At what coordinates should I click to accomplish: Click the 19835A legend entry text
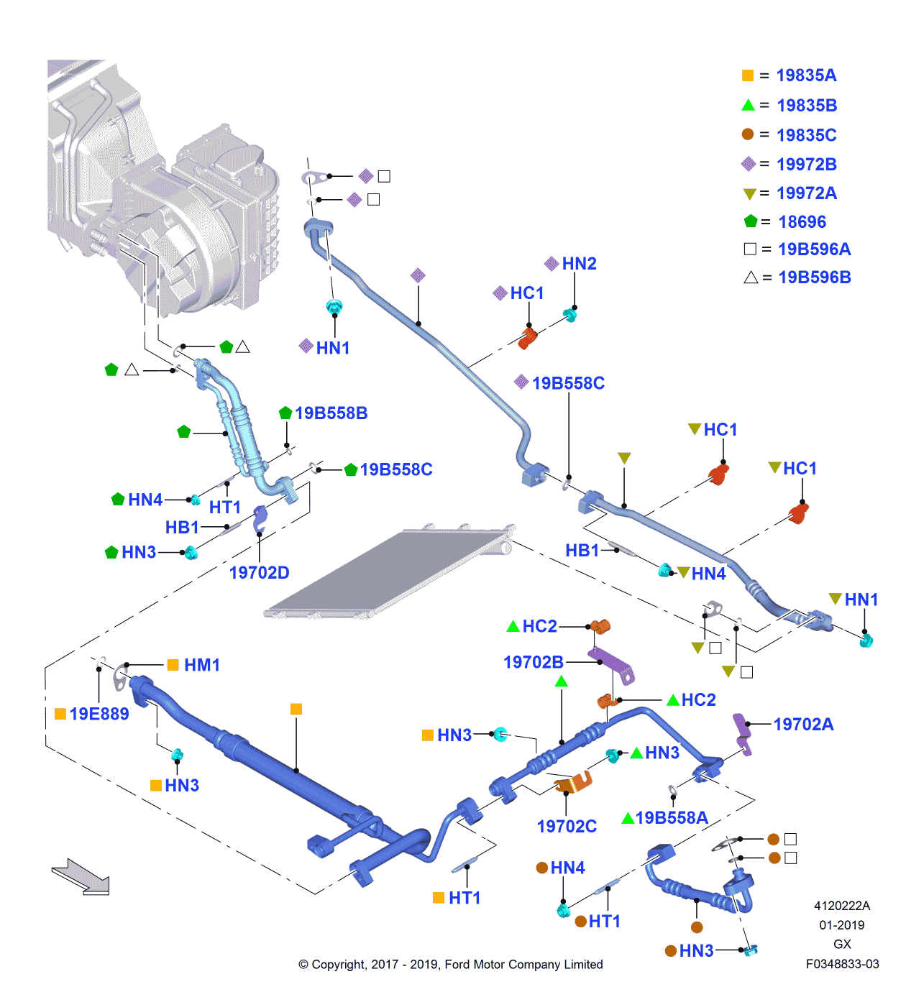(x=806, y=75)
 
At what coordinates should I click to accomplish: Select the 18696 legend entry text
(x=802, y=222)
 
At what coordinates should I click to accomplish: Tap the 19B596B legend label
(x=814, y=277)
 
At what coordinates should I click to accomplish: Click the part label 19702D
(x=259, y=573)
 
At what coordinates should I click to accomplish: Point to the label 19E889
(x=99, y=714)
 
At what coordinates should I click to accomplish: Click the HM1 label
(x=202, y=665)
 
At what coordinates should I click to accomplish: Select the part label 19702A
(x=803, y=725)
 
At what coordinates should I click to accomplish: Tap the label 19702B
(x=533, y=662)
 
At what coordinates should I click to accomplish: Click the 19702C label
(x=567, y=827)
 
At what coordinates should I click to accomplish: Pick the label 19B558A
(x=672, y=818)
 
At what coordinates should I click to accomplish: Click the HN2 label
(x=579, y=264)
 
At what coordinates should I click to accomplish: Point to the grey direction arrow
(x=81, y=876)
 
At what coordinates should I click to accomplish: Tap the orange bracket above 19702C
(x=575, y=783)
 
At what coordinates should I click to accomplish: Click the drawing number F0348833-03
(x=842, y=964)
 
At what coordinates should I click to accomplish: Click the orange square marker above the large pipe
(x=296, y=709)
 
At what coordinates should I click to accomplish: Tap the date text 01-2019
(x=841, y=925)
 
